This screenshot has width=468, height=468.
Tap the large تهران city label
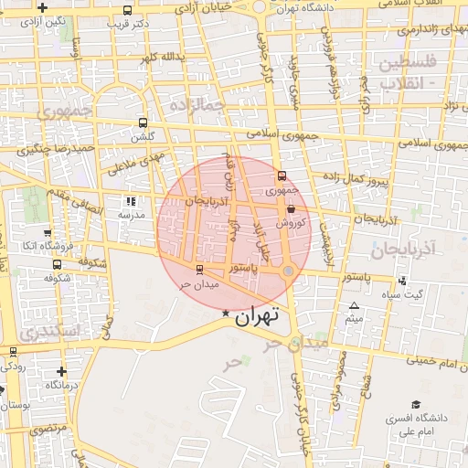[x=255, y=317]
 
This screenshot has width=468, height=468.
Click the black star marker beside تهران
[x=226, y=314]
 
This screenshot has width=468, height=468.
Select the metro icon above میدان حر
[x=199, y=269]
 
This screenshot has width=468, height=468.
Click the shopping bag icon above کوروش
[x=291, y=208]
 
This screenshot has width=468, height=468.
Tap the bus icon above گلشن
[x=142, y=122]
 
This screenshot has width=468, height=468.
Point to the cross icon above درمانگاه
[x=61, y=371]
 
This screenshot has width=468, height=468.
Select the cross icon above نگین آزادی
[x=42, y=7]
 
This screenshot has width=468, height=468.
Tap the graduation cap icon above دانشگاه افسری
[x=416, y=404]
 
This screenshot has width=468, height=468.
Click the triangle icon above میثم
[x=354, y=306]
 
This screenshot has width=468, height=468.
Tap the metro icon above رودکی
[x=13, y=351]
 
